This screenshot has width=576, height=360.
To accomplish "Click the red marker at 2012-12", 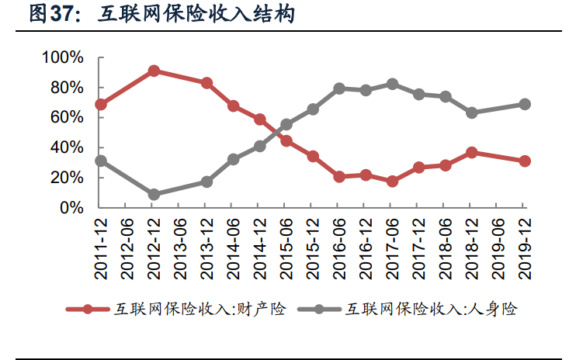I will (154, 71).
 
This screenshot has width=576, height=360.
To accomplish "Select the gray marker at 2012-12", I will (154, 194).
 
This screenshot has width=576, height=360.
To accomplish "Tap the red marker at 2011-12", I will (101, 104).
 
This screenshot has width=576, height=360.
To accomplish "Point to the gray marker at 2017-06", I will (392, 84).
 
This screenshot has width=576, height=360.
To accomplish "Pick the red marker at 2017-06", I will (392, 181).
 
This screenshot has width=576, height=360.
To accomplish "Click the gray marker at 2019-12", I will (524, 104).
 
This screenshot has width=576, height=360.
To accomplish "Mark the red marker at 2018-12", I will (471, 153).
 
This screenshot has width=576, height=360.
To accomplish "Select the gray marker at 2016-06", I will (339, 88).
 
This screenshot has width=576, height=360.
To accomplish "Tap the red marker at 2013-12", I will (206, 82).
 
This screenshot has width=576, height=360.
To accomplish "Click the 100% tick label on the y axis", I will (64, 57).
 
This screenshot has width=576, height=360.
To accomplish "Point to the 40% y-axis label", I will (68, 147).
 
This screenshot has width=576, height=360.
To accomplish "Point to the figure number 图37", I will (54, 15).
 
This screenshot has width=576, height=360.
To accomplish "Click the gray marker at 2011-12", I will (101, 161).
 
